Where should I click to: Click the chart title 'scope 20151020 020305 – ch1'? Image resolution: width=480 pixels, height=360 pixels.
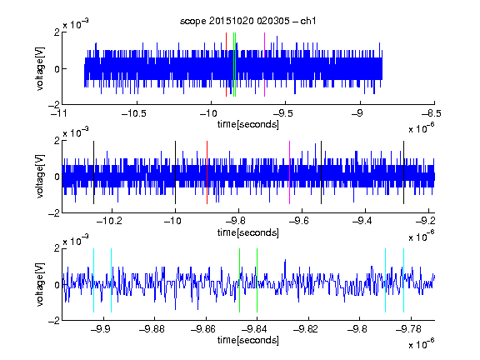(x=247, y=21)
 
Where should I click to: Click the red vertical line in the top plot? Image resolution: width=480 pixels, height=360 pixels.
(x=226, y=65)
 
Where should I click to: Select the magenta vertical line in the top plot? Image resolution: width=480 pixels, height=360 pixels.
(x=264, y=65)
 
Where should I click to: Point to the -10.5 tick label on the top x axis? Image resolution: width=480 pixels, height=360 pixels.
(x=134, y=114)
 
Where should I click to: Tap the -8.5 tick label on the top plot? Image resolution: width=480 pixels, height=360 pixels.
(x=432, y=114)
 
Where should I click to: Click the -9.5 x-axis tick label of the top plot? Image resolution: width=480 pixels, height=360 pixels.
(x=282, y=114)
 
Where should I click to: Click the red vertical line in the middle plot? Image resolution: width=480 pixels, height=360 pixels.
(x=207, y=172)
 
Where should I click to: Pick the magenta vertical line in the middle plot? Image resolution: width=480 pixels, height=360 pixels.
(x=290, y=172)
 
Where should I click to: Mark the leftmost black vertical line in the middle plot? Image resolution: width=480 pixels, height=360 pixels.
(x=93, y=172)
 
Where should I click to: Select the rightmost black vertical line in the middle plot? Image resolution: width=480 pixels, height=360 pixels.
(x=404, y=172)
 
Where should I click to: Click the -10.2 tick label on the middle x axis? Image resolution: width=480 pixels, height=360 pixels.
(x=109, y=221)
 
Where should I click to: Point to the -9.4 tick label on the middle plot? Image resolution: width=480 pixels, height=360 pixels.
(x=362, y=221)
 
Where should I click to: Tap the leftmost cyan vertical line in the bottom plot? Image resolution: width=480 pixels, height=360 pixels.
(x=93, y=280)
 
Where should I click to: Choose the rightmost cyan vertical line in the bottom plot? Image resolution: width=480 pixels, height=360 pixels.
(x=404, y=280)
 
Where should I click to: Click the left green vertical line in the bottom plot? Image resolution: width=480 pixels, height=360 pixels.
(x=239, y=280)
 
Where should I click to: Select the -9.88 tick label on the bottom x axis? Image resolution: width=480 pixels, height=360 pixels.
(x=152, y=329)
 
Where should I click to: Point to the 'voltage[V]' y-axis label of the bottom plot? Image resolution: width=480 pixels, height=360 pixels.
(x=40, y=284)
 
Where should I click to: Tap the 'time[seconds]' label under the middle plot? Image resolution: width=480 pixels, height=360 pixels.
(x=248, y=232)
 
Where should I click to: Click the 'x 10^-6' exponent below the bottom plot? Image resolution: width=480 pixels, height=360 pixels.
(x=422, y=344)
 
